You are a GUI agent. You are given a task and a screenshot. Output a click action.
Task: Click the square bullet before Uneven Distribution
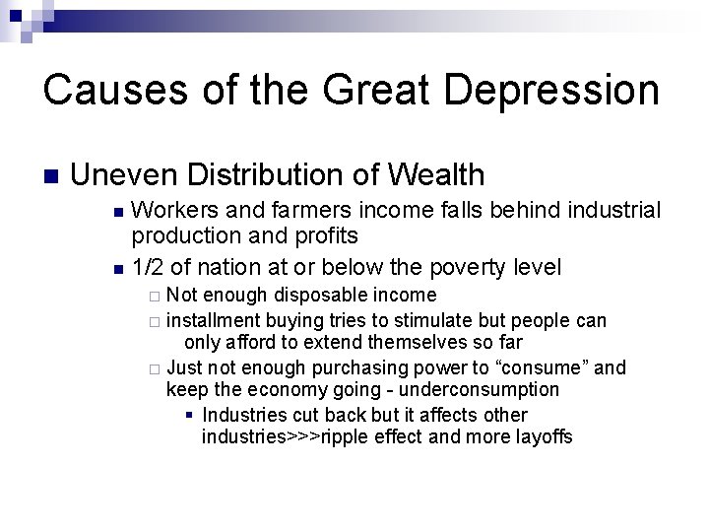50,177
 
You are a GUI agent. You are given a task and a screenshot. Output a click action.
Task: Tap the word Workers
170,212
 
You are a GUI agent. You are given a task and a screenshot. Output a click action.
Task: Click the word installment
213,320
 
